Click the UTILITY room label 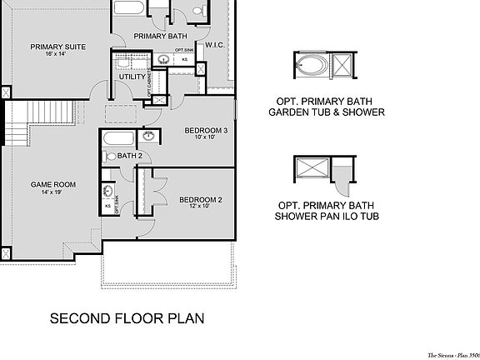132,77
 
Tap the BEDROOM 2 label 201,199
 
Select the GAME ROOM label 53,184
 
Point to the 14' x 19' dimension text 53,192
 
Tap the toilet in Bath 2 111,156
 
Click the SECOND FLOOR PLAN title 127,318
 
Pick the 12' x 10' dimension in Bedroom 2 201,207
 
